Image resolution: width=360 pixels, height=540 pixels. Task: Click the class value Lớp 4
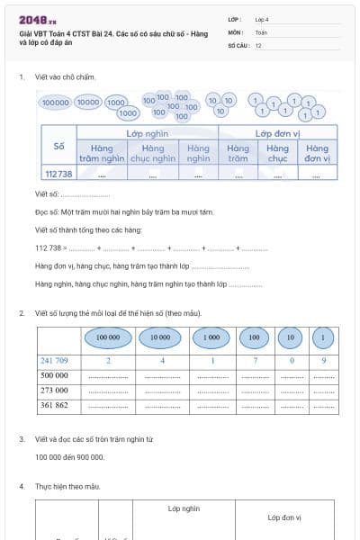(262, 19)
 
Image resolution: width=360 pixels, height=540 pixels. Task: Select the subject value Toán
(261, 31)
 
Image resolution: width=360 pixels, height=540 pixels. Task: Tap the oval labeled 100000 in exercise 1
(56, 103)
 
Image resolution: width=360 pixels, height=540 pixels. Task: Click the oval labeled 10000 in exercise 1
(88, 103)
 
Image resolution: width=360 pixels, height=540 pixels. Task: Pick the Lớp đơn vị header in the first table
(276, 132)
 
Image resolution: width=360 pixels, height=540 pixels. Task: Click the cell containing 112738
(58, 174)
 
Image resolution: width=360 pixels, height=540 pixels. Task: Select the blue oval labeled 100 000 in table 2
(107, 338)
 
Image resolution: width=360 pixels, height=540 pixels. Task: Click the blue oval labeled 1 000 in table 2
(211, 338)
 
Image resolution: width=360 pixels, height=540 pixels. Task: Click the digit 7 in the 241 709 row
(255, 360)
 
